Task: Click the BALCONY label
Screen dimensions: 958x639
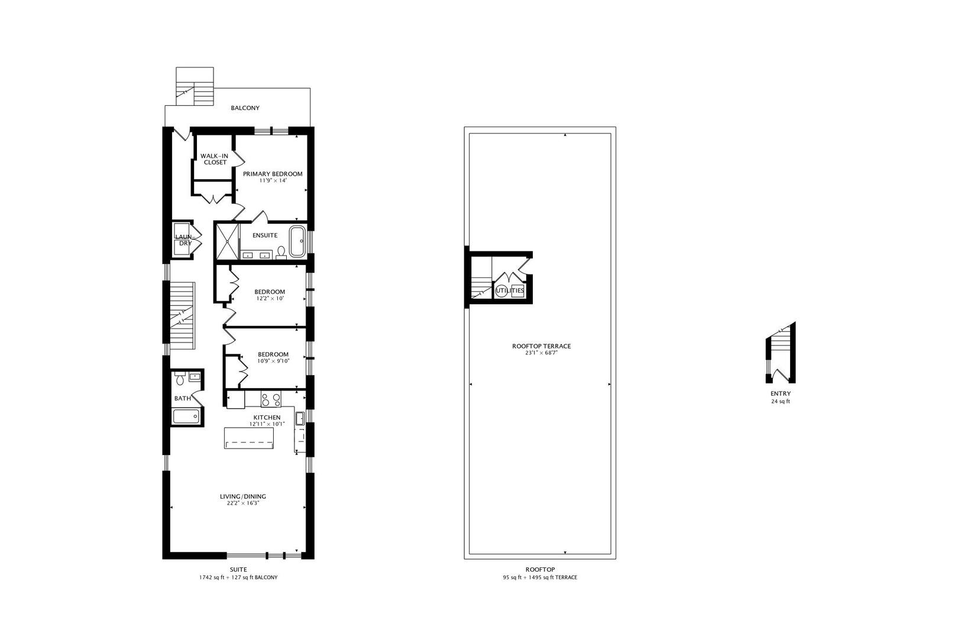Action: click(245, 108)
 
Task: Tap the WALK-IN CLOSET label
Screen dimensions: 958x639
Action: click(215, 159)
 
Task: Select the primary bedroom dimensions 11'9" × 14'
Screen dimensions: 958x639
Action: click(273, 180)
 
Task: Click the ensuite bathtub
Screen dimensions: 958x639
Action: click(297, 241)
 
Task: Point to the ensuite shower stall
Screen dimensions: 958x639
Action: click(228, 241)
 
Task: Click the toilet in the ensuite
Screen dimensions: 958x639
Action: click(281, 253)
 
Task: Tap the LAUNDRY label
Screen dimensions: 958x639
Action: click(185, 240)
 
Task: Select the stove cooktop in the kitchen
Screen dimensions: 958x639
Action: click(271, 399)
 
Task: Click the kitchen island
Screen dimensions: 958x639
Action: click(249, 438)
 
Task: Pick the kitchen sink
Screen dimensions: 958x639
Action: click(300, 418)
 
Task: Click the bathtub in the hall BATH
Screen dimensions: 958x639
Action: click(186, 417)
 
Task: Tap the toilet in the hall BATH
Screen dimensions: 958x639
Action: click(180, 378)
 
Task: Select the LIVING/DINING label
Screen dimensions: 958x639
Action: click(243, 496)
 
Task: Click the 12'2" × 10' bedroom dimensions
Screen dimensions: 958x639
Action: click(270, 299)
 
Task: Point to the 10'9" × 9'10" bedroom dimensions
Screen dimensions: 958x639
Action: click(273, 362)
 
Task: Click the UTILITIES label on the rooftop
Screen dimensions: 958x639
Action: click(510, 291)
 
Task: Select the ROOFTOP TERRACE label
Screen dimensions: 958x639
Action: click(542, 346)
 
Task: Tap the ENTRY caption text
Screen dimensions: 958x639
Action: click(781, 394)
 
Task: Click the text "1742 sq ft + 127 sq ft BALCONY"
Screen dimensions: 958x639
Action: click(238, 577)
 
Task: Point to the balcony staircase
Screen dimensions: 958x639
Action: click(195, 86)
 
